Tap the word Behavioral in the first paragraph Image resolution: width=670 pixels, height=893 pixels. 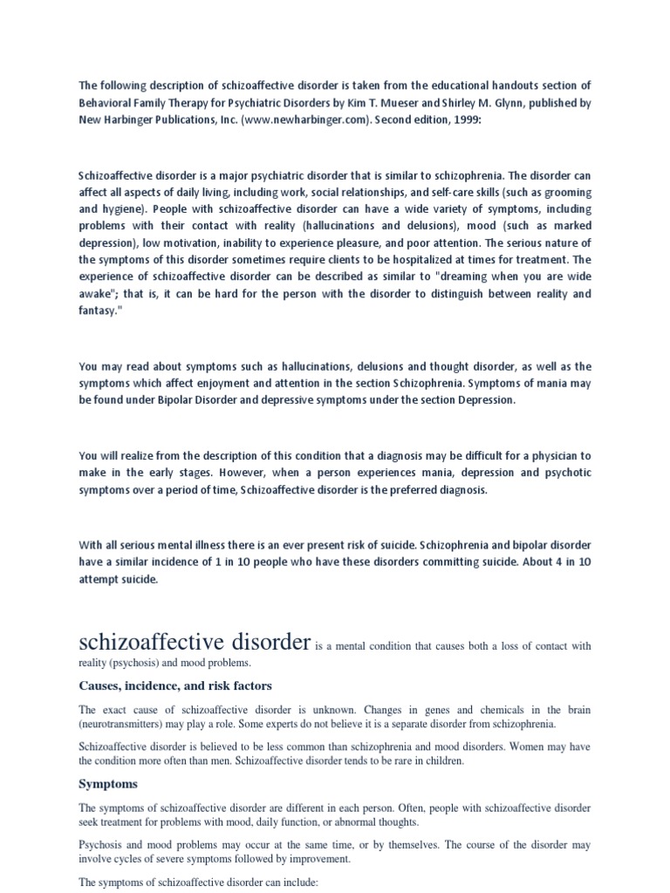tap(107, 103)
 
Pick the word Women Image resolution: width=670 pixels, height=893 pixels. tap(530, 746)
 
